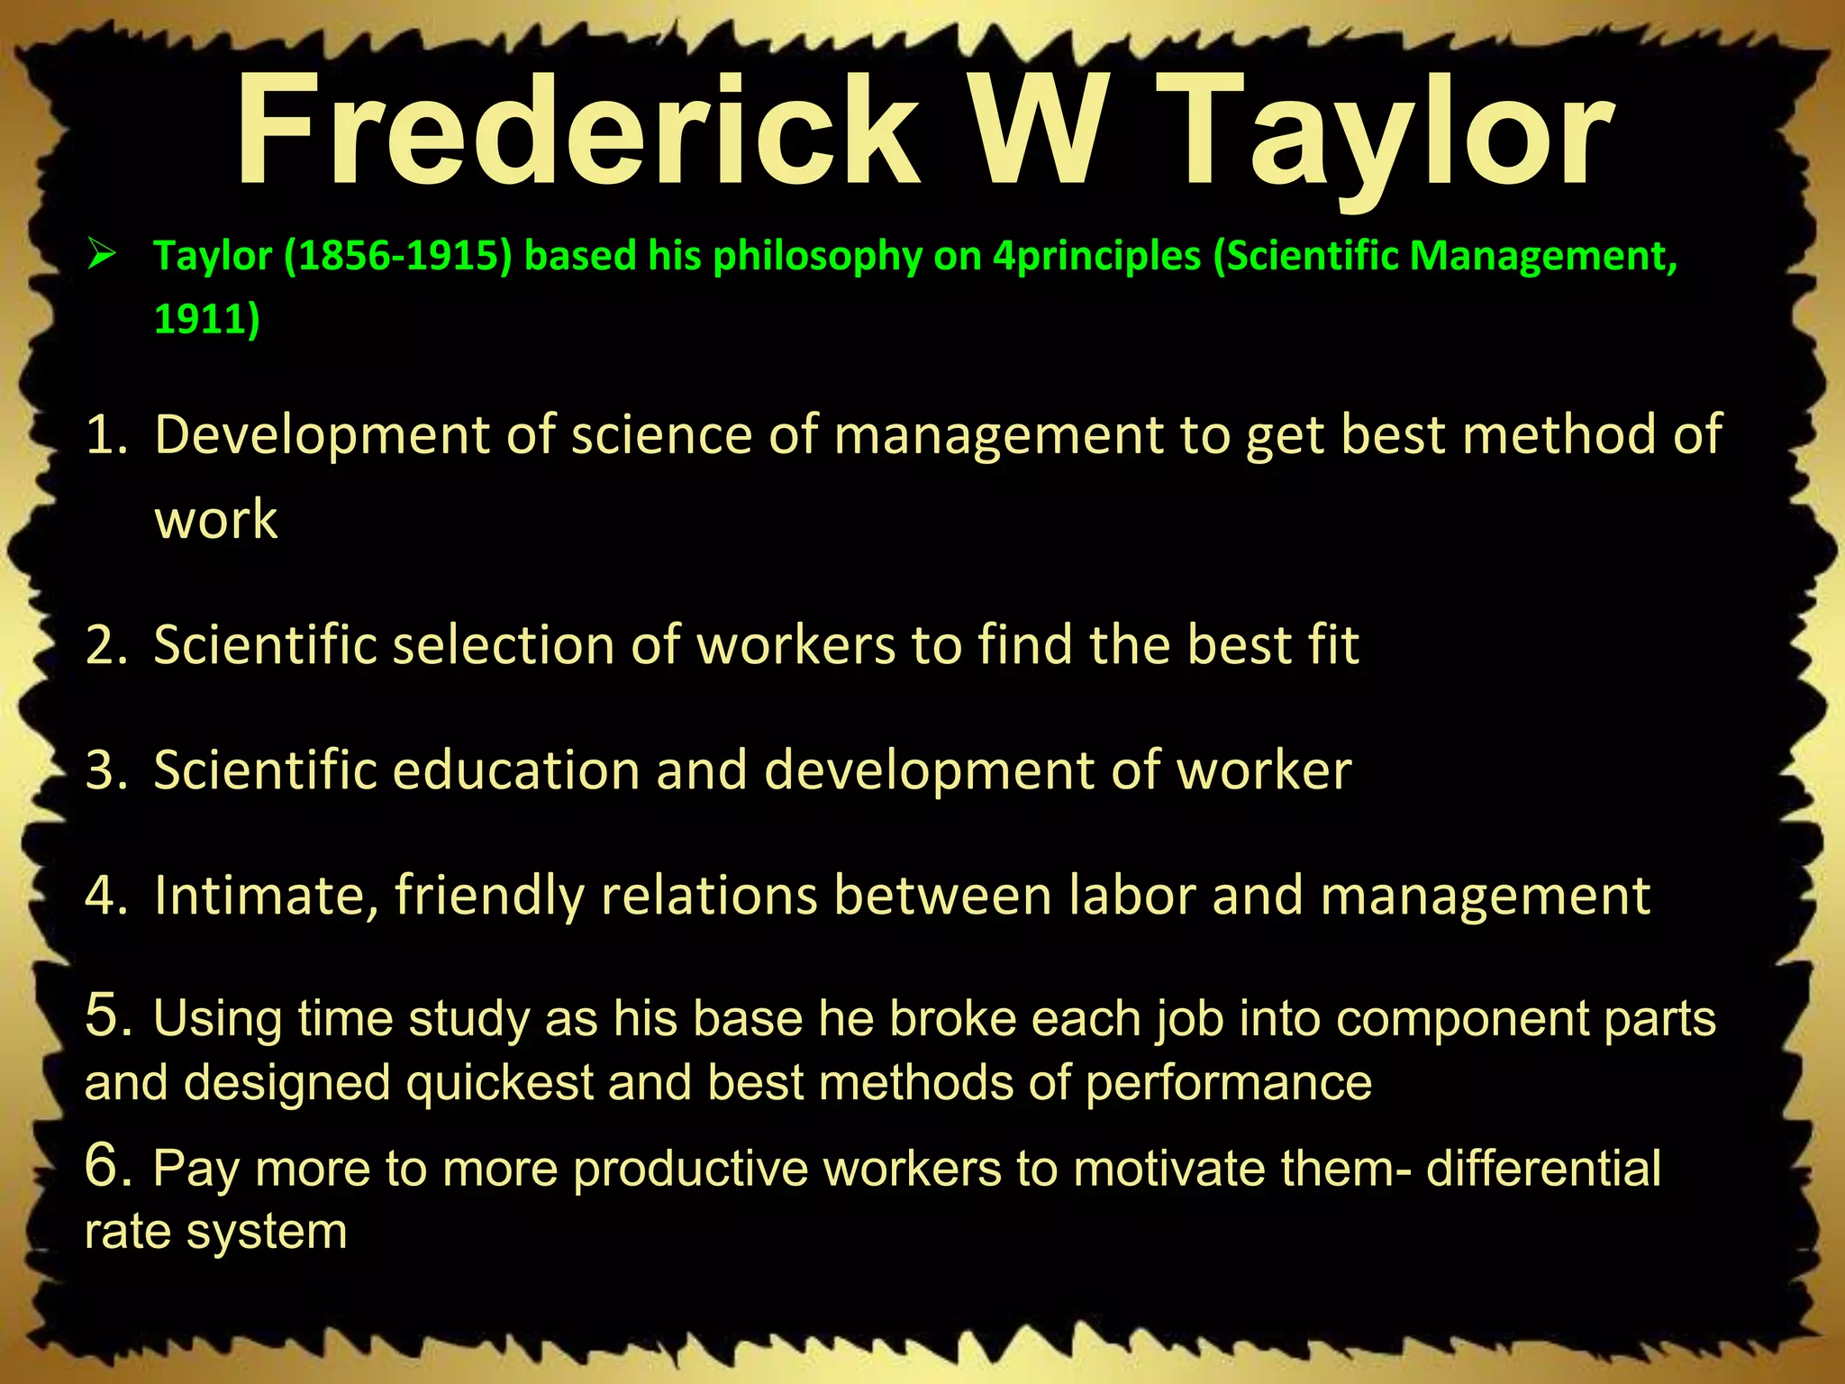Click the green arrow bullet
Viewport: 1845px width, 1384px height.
click(x=102, y=256)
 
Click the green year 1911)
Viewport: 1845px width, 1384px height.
click(x=206, y=319)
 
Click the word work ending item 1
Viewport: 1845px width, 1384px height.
click(x=216, y=520)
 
